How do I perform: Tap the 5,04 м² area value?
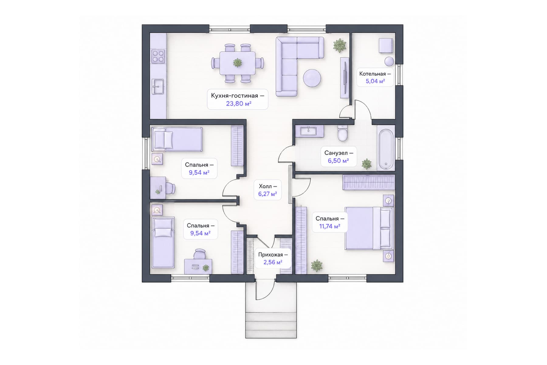pos(375,81)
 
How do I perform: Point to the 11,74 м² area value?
pos(329,226)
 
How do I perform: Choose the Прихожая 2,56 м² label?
pos(273,259)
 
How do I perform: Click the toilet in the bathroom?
pos(343,134)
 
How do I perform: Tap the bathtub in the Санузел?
pos(386,149)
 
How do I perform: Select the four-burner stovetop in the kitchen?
pos(158,56)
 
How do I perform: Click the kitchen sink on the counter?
pos(158,86)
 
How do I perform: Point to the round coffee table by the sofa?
pos(312,78)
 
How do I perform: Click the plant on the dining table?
pos(237,63)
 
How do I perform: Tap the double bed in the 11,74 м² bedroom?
pos(369,228)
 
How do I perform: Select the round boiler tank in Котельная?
pos(389,61)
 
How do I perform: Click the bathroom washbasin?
pos(308,131)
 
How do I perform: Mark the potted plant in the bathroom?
pos(366,164)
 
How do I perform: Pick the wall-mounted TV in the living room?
pos(345,78)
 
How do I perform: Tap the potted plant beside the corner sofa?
pos(340,46)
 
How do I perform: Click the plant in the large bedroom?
pos(317,266)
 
